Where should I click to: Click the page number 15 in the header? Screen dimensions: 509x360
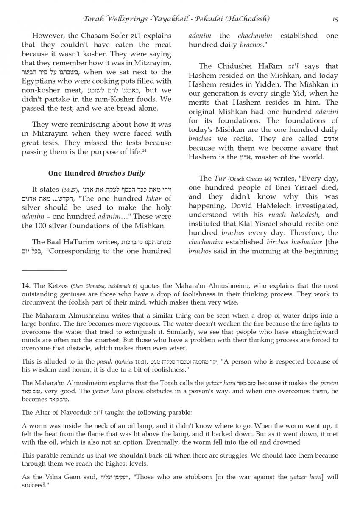(x=335, y=19)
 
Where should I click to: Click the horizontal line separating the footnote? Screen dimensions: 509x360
(x=44, y=270)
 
